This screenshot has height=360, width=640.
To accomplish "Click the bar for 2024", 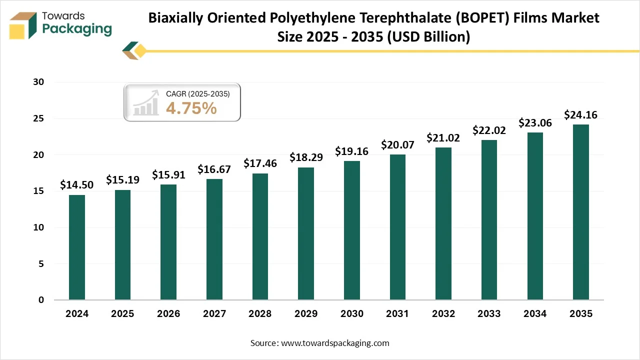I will (x=77, y=247).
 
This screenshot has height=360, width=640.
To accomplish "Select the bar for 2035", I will (x=580, y=212).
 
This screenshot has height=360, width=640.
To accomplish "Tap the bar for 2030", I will (x=351, y=230).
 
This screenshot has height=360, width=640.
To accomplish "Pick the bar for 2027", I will (x=214, y=239).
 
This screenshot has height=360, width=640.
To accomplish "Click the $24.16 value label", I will (x=580, y=115).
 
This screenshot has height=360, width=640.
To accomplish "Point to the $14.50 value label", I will (x=76, y=185).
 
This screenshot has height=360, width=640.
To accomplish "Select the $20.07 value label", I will (x=397, y=145).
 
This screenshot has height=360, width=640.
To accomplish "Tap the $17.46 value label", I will (x=260, y=163).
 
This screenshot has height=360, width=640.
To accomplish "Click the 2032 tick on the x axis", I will (x=443, y=314).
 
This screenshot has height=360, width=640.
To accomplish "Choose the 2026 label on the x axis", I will (x=168, y=314).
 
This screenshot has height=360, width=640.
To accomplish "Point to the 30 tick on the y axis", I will (x=39, y=82).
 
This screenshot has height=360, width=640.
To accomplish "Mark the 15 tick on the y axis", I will (x=39, y=191).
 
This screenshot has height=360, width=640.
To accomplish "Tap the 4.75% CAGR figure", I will (x=191, y=107).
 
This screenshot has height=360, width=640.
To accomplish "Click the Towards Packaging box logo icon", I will (x=23, y=25).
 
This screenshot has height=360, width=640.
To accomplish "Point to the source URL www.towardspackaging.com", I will (x=334, y=343).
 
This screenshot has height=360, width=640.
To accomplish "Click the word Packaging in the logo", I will (x=77, y=29).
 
